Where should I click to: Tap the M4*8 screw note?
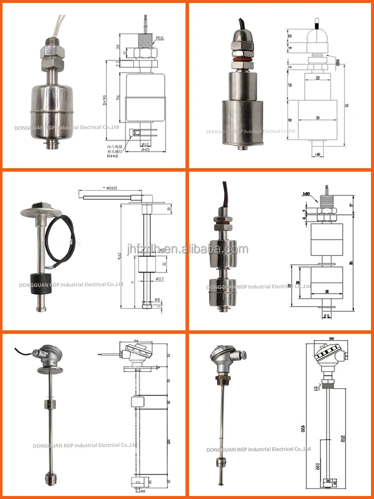(115, 156)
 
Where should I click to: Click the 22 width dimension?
(318, 78)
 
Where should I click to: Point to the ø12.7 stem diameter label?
(160, 278)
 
